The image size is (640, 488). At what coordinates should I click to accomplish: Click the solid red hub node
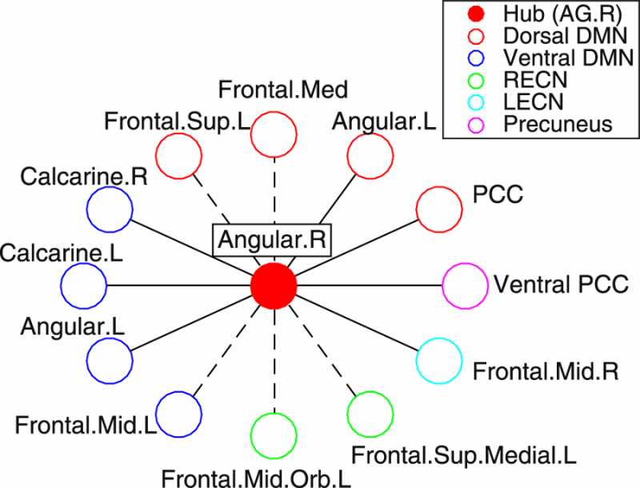(x=274, y=285)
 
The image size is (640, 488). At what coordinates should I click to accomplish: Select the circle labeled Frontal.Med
(x=274, y=134)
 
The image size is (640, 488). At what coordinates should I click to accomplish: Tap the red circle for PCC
(x=439, y=209)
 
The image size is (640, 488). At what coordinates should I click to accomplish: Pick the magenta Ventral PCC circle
(x=465, y=286)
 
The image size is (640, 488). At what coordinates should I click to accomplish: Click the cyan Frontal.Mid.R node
(x=439, y=362)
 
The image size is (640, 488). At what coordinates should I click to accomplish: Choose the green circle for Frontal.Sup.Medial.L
(x=370, y=413)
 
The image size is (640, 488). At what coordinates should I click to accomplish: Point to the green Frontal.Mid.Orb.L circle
(x=274, y=434)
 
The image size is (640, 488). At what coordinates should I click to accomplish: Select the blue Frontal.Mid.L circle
(x=178, y=413)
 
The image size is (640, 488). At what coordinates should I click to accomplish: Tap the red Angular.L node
(x=370, y=155)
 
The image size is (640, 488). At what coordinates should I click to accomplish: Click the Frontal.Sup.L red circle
(x=178, y=156)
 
